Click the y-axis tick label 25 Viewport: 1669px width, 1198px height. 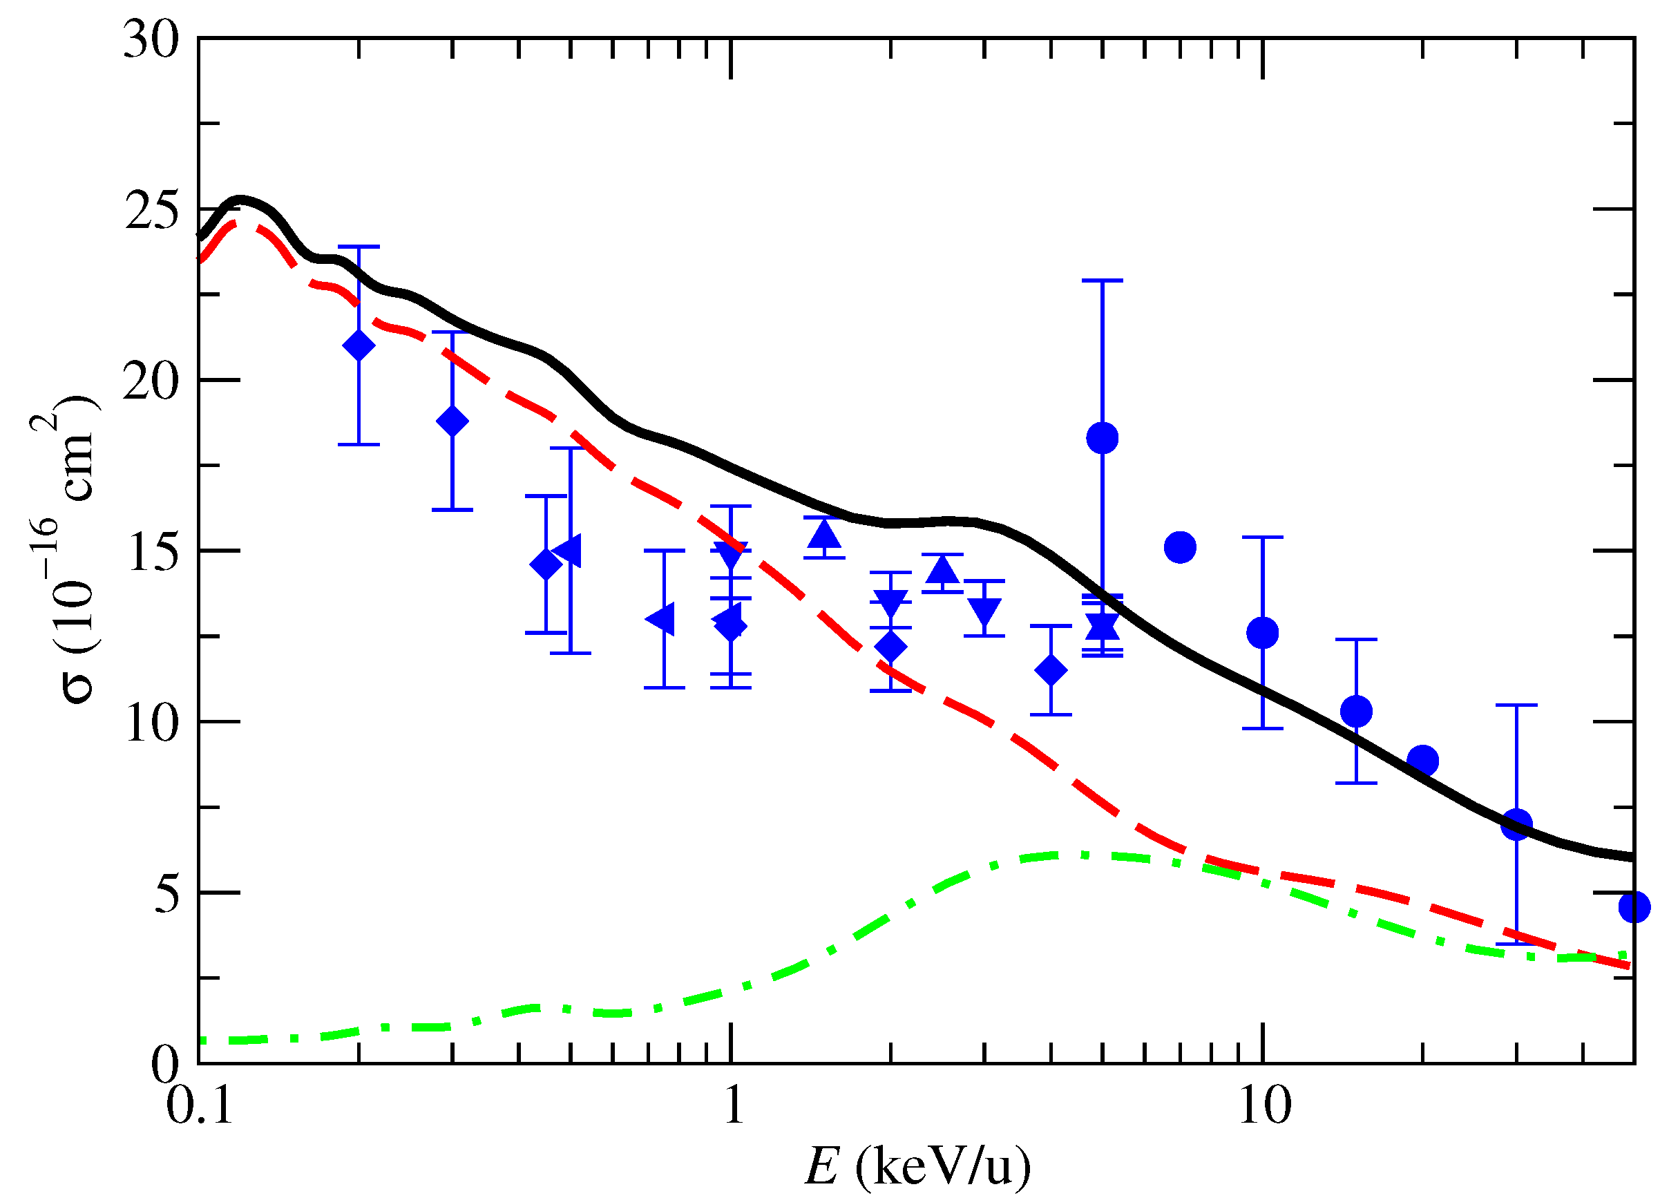tap(151, 211)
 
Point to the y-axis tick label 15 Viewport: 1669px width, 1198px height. tap(151, 552)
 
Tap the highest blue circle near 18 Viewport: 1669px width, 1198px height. tap(1102, 439)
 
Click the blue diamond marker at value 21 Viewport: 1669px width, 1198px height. tap(359, 346)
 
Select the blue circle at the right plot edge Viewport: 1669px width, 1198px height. tap(1634, 906)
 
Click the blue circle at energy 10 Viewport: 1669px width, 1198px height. tap(1263, 633)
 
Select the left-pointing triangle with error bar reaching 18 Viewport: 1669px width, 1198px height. tap(569, 551)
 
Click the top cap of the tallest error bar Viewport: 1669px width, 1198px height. tap(1102, 281)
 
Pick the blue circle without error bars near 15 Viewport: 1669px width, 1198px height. tap(1180, 547)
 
